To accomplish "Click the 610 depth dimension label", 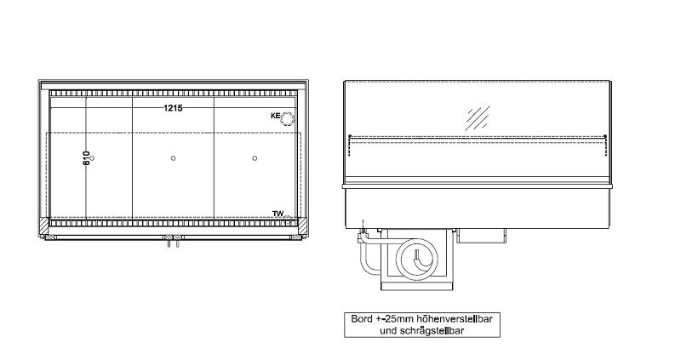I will click(x=87, y=158).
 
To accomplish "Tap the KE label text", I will click(x=275, y=117).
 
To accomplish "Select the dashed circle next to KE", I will click(x=288, y=118).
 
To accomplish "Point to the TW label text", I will click(x=277, y=213).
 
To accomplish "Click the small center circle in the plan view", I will click(x=173, y=158).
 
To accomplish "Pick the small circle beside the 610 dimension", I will click(x=94, y=158).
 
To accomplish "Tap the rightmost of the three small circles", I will click(x=255, y=158).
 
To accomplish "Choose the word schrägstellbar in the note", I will click(x=434, y=330).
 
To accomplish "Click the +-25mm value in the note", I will click(x=392, y=320).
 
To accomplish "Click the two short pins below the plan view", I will click(x=173, y=244).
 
